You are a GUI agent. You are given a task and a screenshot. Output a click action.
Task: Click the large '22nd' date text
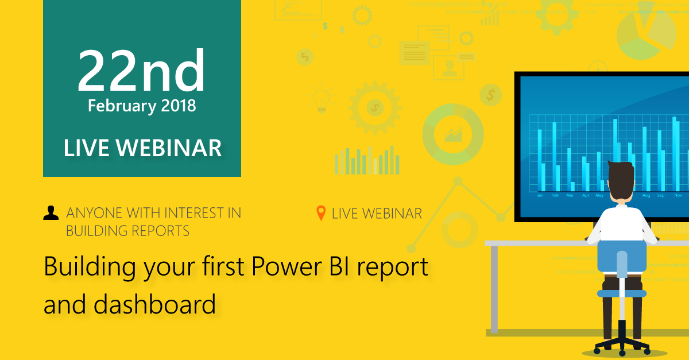click(141, 72)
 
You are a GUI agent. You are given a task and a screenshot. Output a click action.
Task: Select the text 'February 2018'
click(142, 106)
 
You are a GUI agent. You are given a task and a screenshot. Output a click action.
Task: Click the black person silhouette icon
click(51, 214)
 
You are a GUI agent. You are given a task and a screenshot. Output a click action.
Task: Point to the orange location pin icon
click(322, 214)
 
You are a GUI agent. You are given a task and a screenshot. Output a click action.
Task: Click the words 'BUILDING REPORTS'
click(127, 231)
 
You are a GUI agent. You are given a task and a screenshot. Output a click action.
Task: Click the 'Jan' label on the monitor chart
click(540, 196)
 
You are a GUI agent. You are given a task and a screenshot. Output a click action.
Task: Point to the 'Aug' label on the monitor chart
click(646, 196)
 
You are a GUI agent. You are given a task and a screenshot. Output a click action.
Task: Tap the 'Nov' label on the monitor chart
click(678, 196)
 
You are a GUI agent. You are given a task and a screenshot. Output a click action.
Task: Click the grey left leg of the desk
click(494, 287)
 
